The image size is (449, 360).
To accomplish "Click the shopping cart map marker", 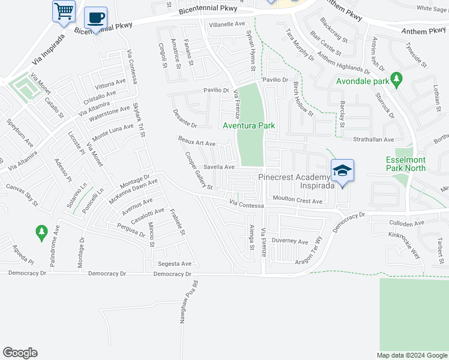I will [x=64, y=11].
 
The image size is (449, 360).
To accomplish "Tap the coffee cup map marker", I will [x=95, y=18].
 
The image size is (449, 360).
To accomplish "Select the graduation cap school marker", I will [x=342, y=172].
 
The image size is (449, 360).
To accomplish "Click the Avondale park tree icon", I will [x=396, y=79].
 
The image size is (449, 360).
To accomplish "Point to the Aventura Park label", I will [x=249, y=126].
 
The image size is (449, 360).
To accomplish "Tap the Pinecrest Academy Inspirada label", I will [x=294, y=181].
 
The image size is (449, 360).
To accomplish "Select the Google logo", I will [x=20, y=353].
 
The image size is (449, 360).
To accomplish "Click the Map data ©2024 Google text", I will [x=411, y=355].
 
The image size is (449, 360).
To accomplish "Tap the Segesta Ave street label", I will [x=174, y=264].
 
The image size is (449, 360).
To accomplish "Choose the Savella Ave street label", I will [x=218, y=167].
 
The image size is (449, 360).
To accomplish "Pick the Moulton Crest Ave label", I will [x=297, y=200].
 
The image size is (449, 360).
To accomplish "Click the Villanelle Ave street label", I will [x=228, y=25].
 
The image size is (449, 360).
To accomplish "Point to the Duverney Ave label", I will [x=289, y=241].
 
